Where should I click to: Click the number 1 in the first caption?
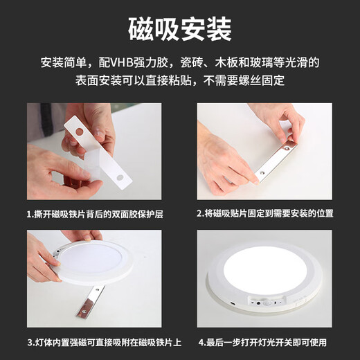(28, 214)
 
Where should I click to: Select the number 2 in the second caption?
(199, 214)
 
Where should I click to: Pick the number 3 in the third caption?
(29, 342)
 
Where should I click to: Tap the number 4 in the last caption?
(199, 342)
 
